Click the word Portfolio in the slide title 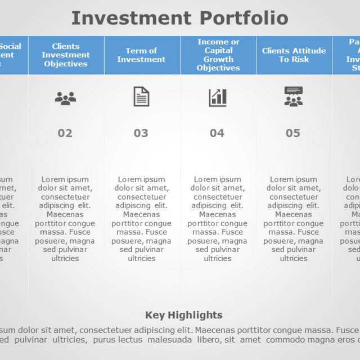click(244, 19)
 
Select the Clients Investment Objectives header click(66, 55)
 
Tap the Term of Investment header click(141, 55)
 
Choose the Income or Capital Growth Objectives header click(218, 55)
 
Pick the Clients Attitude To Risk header click(294, 55)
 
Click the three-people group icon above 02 click(65, 98)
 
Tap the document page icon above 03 click(141, 97)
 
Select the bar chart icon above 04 click(218, 97)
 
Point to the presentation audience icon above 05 click(293, 97)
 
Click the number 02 click(65, 133)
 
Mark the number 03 click(141, 133)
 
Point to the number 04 click(217, 133)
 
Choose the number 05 click(293, 133)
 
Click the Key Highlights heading click(184, 315)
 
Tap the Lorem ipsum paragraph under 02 click(66, 219)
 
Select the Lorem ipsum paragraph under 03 click(141, 219)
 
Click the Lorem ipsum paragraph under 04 click(218, 219)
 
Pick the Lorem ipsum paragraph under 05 click(294, 219)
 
